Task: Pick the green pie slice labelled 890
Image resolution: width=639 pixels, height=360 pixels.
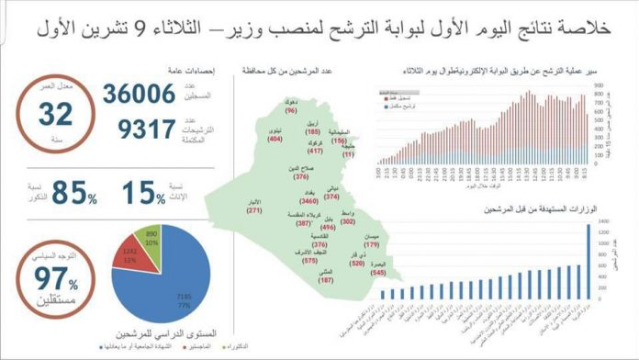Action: [152, 237]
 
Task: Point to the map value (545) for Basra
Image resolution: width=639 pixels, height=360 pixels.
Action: [377, 272]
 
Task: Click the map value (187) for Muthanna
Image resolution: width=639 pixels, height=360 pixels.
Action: [326, 280]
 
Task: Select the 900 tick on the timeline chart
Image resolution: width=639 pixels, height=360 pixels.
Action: [597, 84]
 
